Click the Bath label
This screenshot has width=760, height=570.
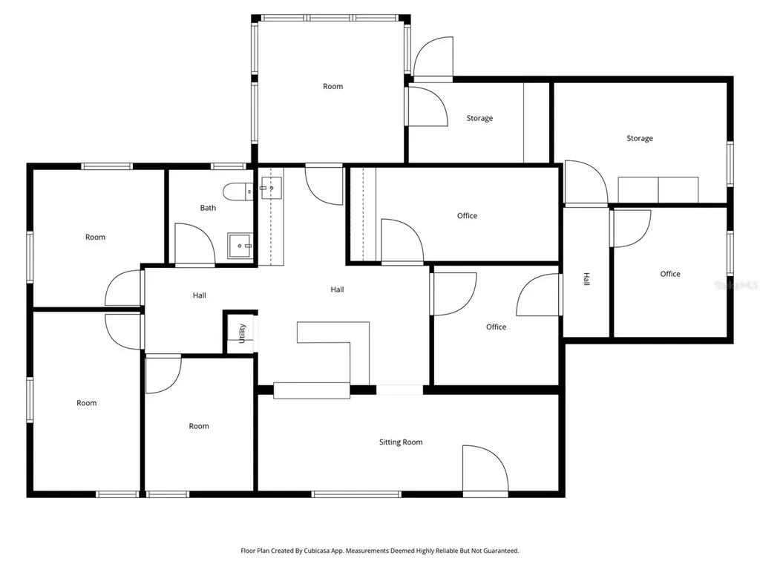click(208, 208)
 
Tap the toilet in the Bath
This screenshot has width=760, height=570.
click(238, 191)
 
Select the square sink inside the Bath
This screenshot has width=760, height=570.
click(240, 246)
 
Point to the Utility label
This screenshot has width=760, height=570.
click(243, 333)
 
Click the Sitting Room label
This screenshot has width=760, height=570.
click(401, 442)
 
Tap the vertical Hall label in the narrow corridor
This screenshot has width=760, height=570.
click(586, 279)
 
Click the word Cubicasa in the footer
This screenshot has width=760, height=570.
click(317, 551)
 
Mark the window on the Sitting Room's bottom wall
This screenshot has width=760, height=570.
click(356, 494)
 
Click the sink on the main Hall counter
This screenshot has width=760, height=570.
click(271, 188)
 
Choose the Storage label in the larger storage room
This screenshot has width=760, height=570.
click(640, 138)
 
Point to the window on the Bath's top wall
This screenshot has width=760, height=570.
click(229, 166)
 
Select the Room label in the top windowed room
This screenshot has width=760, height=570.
click(333, 86)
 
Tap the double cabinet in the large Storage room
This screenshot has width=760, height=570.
click(658, 189)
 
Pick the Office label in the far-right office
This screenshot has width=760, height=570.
click(670, 274)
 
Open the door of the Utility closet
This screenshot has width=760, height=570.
click(256, 333)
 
